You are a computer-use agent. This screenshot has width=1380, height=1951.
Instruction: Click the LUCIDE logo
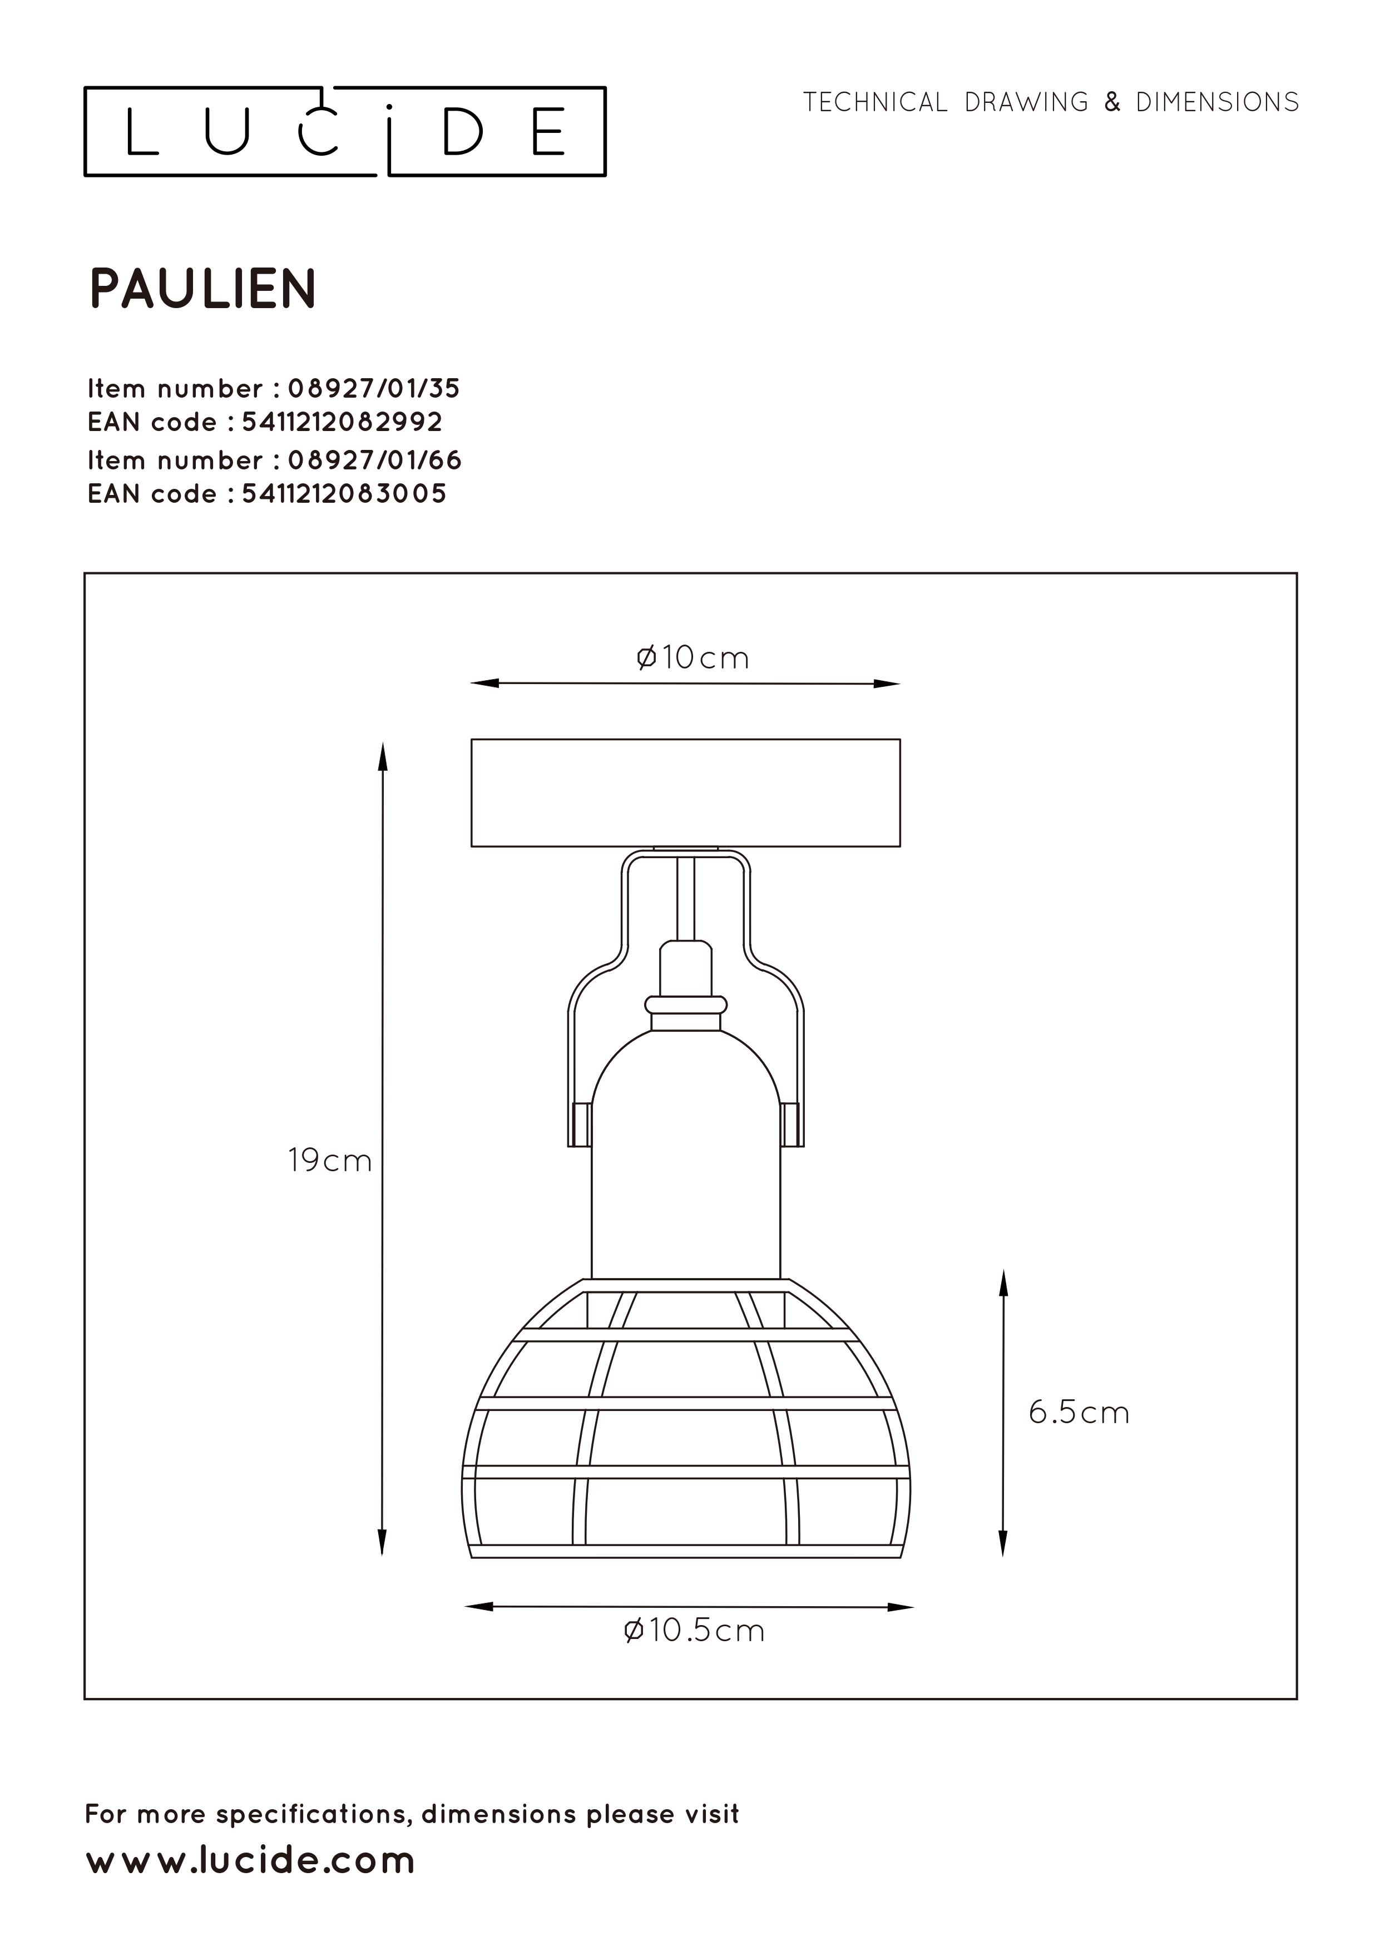[x=345, y=132]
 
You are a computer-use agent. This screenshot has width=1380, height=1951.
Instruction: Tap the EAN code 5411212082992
[x=343, y=422]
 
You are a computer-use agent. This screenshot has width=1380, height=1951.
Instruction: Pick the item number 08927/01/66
[x=375, y=460]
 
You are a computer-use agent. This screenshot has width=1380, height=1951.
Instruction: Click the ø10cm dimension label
[x=693, y=658]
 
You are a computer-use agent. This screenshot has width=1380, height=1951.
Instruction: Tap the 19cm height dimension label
[x=330, y=1160]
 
